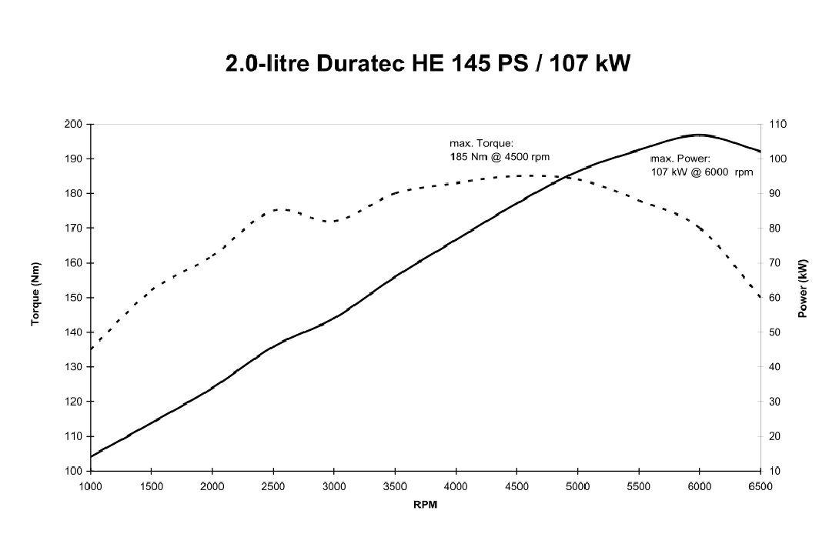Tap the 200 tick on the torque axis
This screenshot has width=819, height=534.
tap(74, 124)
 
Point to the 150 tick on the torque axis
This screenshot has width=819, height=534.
tap(74, 298)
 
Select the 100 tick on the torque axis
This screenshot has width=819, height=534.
tap(74, 471)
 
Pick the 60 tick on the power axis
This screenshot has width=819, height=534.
tap(774, 298)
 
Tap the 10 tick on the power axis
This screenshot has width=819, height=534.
tap(774, 471)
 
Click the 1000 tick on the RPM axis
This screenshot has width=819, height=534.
tap(91, 486)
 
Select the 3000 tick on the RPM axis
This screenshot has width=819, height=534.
tap(334, 486)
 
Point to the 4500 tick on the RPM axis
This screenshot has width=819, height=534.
tap(516, 486)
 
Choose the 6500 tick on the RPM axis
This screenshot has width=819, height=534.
tap(760, 486)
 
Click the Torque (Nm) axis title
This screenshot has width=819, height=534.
tap(36, 298)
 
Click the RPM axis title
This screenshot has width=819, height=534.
tap(426, 505)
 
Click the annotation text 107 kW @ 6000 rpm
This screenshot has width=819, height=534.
tap(702, 172)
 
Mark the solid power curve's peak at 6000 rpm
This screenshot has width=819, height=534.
tap(699, 135)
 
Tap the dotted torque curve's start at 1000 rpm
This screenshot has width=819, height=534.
tap(92, 349)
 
